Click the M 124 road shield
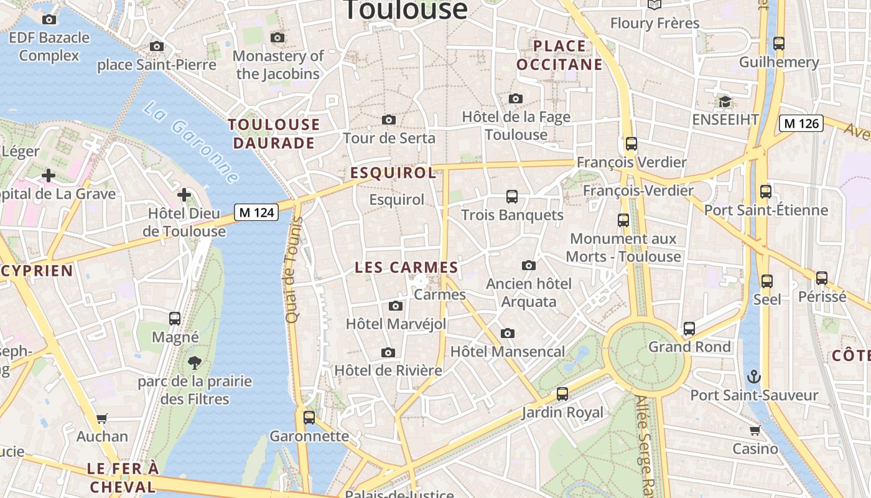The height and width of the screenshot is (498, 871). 256,212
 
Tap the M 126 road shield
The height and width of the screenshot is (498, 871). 801,123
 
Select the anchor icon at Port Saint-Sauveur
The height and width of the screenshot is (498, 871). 753,377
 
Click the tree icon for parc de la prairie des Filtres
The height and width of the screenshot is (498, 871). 195,362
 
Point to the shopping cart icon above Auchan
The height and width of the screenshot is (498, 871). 101,419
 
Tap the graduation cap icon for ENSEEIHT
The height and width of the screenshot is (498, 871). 725,101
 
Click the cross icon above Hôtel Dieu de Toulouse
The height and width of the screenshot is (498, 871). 184,195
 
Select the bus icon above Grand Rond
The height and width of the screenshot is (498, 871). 689,329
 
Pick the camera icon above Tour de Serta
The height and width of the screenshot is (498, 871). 389,120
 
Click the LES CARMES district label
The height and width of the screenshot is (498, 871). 406,268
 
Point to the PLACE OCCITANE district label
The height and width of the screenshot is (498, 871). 559,55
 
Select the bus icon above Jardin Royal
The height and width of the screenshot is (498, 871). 562,394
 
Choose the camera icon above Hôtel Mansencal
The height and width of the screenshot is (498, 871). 508,333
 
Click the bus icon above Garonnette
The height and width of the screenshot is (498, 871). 309,418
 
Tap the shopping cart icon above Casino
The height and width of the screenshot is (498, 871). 755,431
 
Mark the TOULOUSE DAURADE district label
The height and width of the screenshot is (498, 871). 274,134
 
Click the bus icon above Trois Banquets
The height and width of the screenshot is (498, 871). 512,197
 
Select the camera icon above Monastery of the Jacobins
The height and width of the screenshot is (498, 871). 278,38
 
